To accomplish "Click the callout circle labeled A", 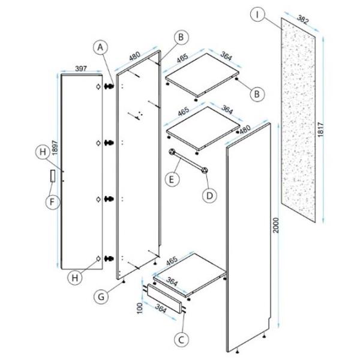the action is (100, 47).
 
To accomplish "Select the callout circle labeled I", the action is (257, 14).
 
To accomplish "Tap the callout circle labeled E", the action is (172, 179).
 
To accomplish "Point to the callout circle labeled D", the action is (209, 196).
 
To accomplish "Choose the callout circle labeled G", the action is (101, 296).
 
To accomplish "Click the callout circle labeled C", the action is (181, 340).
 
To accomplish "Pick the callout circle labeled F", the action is (53, 202).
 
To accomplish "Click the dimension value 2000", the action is (277, 225).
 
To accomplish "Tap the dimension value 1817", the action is (320, 130).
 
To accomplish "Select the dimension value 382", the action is (302, 19).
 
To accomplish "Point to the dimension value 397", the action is (81, 68).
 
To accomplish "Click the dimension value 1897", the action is (55, 148).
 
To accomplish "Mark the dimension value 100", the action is (139, 308).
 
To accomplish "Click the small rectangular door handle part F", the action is (53, 176).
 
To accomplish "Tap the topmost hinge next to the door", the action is (109, 86).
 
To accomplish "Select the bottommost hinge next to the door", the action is (109, 259).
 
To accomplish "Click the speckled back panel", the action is (298, 120).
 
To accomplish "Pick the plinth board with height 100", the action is (164, 298).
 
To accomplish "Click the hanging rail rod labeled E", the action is (188, 161).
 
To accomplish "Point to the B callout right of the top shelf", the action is (257, 94).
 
